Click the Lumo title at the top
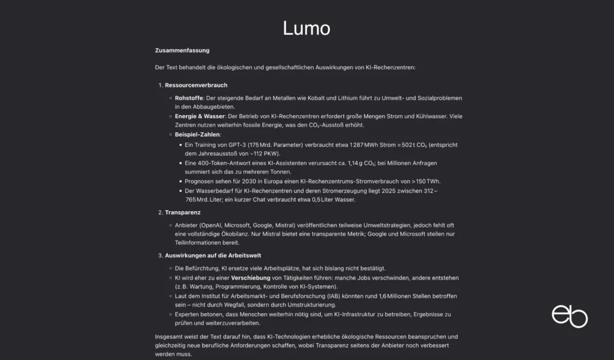(x=306, y=28)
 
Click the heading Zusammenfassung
(x=182, y=50)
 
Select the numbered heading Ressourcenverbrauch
(x=196, y=85)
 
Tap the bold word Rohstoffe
(x=188, y=98)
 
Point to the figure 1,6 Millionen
(x=392, y=296)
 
